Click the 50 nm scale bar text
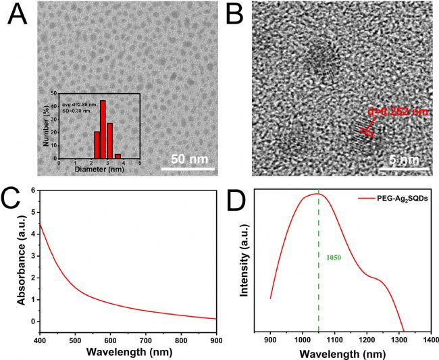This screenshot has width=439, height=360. tap(188, 160)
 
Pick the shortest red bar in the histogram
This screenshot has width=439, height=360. tap(118, 156)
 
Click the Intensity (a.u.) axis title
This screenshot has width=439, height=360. tap(245, 261)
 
